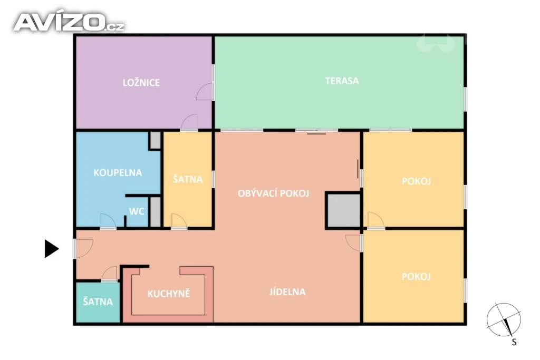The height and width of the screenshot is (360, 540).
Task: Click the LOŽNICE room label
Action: tap(141, 83)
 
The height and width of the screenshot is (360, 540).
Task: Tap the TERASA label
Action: tap(342, 81)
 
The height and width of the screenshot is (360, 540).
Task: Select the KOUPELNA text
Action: tap(118, 172)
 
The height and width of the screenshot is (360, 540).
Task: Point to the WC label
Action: tap(137, 211)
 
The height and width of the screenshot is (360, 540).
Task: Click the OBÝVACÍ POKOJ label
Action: tap(274, 193)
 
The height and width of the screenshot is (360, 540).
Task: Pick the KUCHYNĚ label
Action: tap(169, 293)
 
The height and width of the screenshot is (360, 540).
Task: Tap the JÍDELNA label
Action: tap(287, 292)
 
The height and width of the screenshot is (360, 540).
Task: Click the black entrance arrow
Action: tap(51, 248)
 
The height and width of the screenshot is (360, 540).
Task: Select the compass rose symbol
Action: tap(503, 320)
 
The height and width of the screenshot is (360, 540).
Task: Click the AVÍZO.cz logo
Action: tap(69, 22)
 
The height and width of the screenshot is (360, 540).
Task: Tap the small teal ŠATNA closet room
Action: tap(98, 302)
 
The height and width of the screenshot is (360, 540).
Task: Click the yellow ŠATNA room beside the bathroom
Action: tap(188, 179)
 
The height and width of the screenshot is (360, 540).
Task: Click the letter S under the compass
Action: tap(514, 342)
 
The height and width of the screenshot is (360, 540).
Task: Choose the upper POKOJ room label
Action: tap(417, 181)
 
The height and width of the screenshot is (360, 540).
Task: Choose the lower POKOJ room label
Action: tap(417, 276)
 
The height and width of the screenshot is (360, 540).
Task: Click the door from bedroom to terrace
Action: tap(205, 92)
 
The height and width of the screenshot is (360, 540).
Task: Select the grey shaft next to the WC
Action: tap(156, 212)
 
